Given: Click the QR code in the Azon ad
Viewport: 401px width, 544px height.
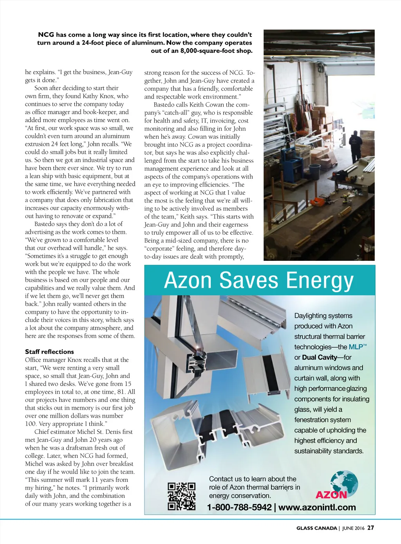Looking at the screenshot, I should point(182,496).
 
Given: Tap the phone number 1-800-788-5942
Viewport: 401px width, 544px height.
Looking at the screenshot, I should point(239,508).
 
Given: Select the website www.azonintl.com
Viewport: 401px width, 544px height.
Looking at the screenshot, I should point(317,508).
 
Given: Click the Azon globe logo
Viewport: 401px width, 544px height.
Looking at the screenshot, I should point(343,483).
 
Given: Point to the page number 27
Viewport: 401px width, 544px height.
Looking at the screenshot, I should point(370,528).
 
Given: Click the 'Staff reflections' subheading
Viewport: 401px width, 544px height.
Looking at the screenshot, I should point(49,352).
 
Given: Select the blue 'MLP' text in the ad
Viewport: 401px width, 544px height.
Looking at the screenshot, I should point(356,347).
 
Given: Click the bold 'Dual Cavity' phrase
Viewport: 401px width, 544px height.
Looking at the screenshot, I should point(320,357).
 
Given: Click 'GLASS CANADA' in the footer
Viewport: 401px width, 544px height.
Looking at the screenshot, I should point(316,528).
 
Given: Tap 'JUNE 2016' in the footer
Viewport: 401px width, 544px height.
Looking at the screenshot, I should point(353,528).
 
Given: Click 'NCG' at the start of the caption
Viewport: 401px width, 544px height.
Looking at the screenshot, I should point(46,35).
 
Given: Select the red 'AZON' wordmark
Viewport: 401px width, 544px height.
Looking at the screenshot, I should point(331,495).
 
